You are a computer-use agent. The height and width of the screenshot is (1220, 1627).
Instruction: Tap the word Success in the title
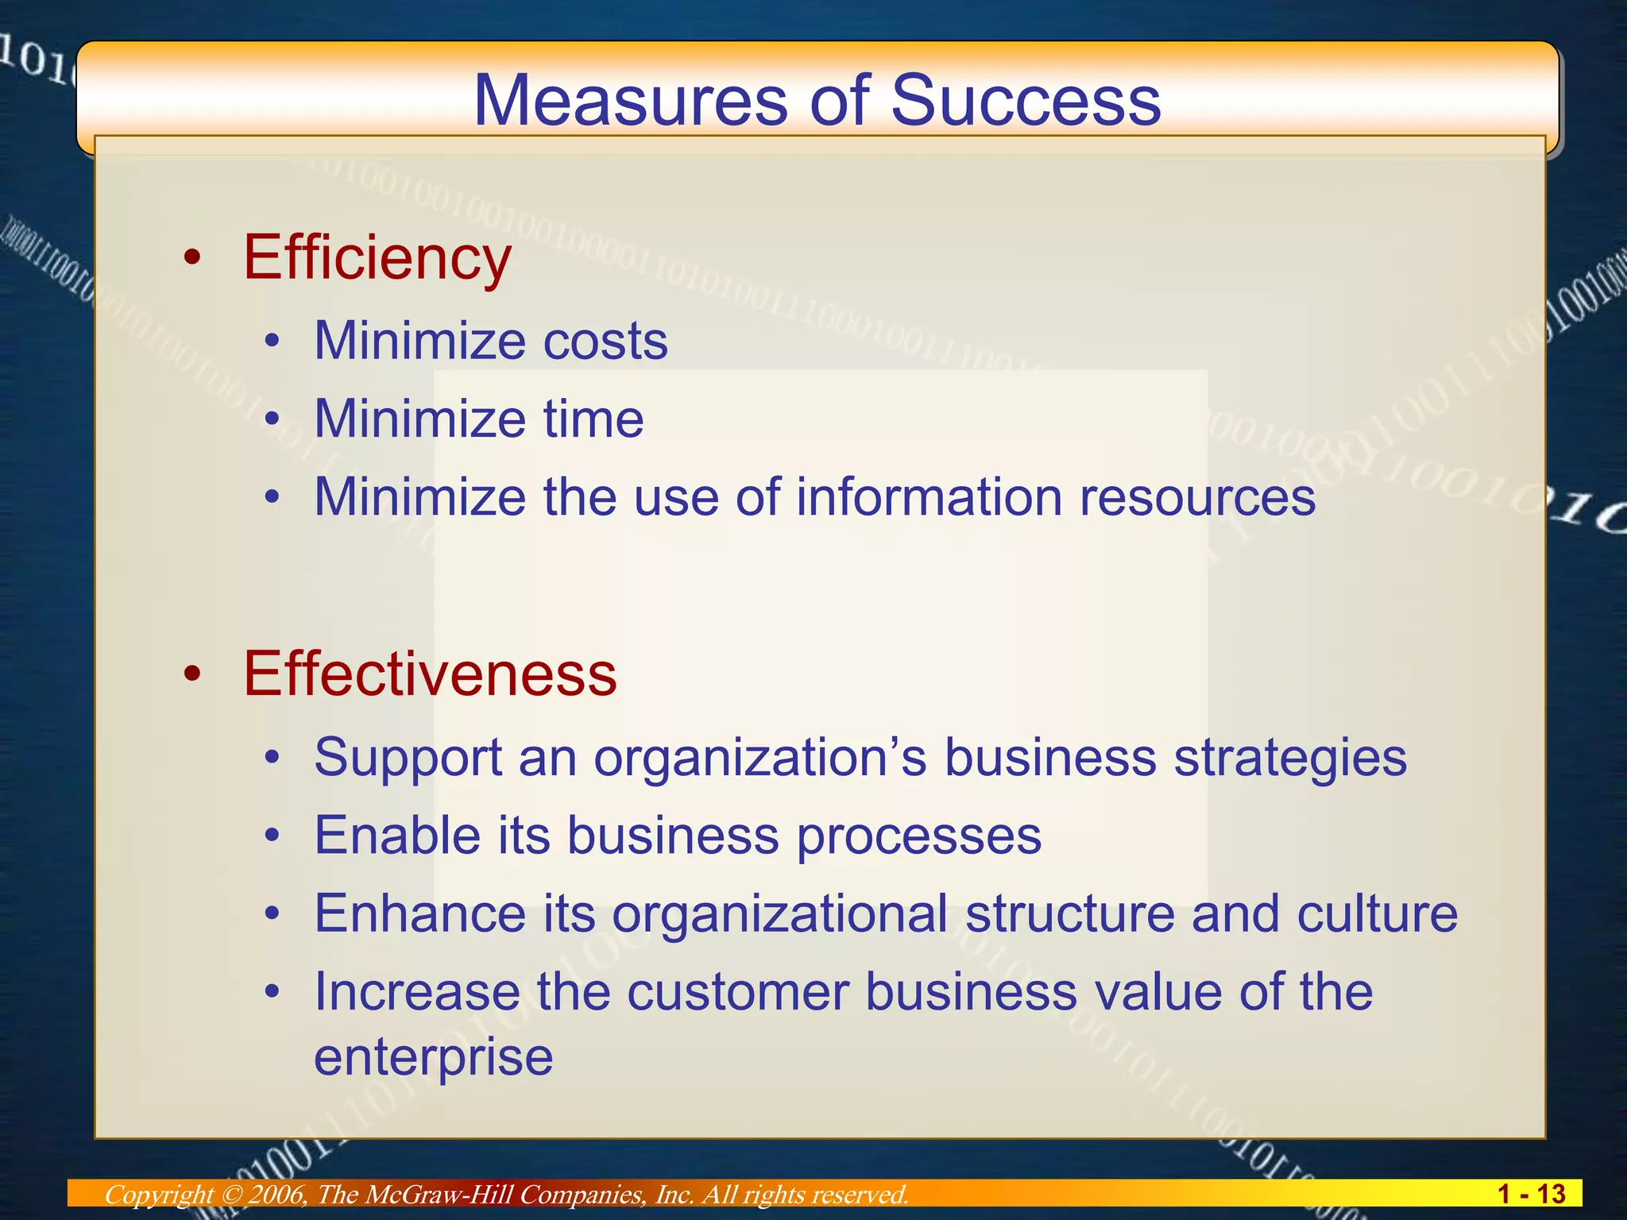click(1026, 101)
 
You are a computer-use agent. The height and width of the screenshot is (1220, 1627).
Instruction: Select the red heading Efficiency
click(377, 258)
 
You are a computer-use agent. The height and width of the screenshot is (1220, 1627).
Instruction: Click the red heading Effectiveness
click(430, 674)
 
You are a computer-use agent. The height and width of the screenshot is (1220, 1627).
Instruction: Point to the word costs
click(605, 342)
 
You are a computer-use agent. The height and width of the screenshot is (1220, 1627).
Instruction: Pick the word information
click(929, 497)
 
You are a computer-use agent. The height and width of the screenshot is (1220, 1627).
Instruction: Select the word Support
click(408, 758)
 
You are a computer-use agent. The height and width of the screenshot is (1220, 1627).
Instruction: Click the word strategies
click(1290, 758)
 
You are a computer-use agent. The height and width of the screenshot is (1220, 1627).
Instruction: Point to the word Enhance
click(419, 913)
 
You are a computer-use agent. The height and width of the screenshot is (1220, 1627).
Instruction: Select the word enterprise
click(433, 1057)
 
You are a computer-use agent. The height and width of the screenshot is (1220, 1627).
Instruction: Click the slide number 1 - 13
click(1531, 1194)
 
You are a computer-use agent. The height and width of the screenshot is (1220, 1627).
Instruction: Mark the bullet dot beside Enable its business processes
click(272, 836)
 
